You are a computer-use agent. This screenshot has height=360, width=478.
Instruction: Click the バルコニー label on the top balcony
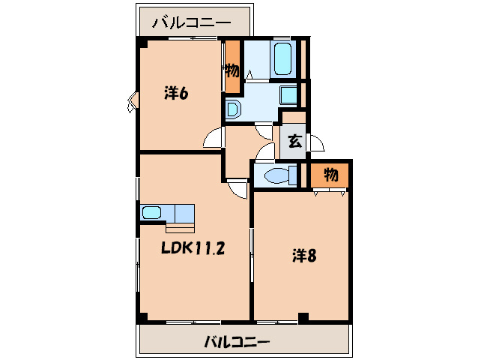192,22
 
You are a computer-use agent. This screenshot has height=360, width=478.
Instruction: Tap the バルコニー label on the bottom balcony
237,343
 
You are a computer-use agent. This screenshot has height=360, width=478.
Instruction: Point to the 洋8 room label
303,256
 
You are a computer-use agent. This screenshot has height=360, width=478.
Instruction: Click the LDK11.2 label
193,248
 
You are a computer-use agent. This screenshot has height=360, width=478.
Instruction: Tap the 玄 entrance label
294,140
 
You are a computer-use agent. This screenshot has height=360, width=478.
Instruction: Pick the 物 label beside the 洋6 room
232,71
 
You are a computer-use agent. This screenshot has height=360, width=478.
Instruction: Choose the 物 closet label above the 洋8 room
331,175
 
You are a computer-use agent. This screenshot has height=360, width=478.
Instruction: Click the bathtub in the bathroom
282,59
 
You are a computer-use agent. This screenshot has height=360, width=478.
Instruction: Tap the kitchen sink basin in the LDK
153,211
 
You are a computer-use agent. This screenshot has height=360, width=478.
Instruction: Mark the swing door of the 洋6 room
214,139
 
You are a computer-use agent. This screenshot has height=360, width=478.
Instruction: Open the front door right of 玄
315,142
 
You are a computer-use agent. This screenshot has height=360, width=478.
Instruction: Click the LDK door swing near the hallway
238,190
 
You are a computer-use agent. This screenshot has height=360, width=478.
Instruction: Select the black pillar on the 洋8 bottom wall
303,316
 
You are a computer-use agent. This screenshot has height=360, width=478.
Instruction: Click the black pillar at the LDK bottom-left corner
142,317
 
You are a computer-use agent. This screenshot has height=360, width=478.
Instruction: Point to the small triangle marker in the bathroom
249,74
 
